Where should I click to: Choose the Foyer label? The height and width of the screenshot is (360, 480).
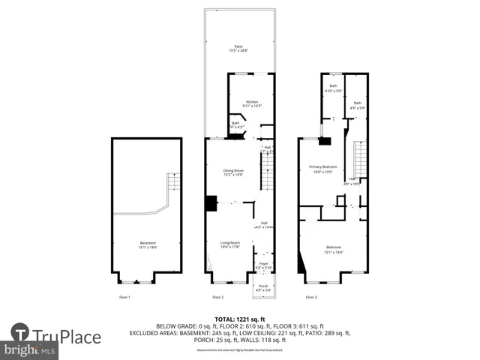[x=263, y=265]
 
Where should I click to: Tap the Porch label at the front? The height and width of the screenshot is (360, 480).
[x=263, y=287]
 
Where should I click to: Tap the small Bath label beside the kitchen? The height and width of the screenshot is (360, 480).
[x=235, y=124]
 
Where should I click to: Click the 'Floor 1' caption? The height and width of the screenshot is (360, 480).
[x=124, y=298]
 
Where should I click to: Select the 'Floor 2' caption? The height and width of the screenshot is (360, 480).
[x=217, y=298]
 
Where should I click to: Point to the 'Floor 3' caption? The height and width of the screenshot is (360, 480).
[x=310, y=298]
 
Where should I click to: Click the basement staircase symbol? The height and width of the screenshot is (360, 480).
[x=173, y=183]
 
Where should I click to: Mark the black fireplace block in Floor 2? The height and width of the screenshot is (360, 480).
[x=211, y=203]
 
